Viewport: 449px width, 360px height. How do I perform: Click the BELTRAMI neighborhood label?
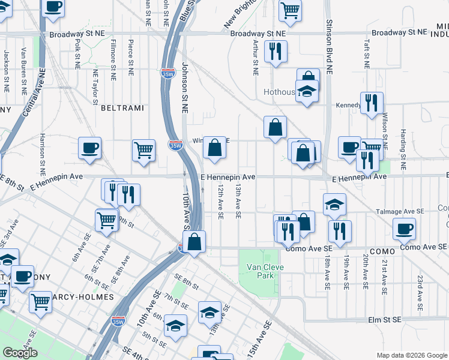pyautogui.click(x=122, y=108)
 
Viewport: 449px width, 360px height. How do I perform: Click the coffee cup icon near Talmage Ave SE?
pyautogui.click(x=404, y=228)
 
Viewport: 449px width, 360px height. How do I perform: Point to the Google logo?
pyautogui.click(x=20, y=353)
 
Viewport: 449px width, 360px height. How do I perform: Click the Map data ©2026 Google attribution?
pyautogui.click(x=412, y=355)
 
